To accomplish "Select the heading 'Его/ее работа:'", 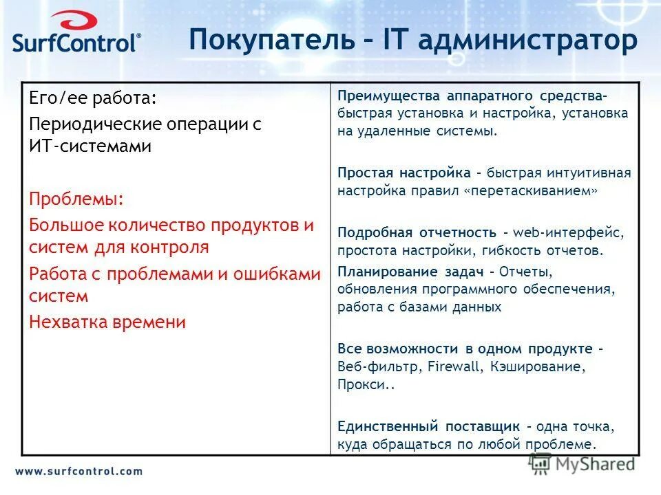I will pos(93,98).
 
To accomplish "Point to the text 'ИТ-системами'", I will pos(90,146).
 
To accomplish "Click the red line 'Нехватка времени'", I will pos(107,322).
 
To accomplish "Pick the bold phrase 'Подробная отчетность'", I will pos(417,232).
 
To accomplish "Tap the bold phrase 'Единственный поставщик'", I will pos(428,426).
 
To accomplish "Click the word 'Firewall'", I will pos(454,366).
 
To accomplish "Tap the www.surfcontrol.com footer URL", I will pos(78,472).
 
